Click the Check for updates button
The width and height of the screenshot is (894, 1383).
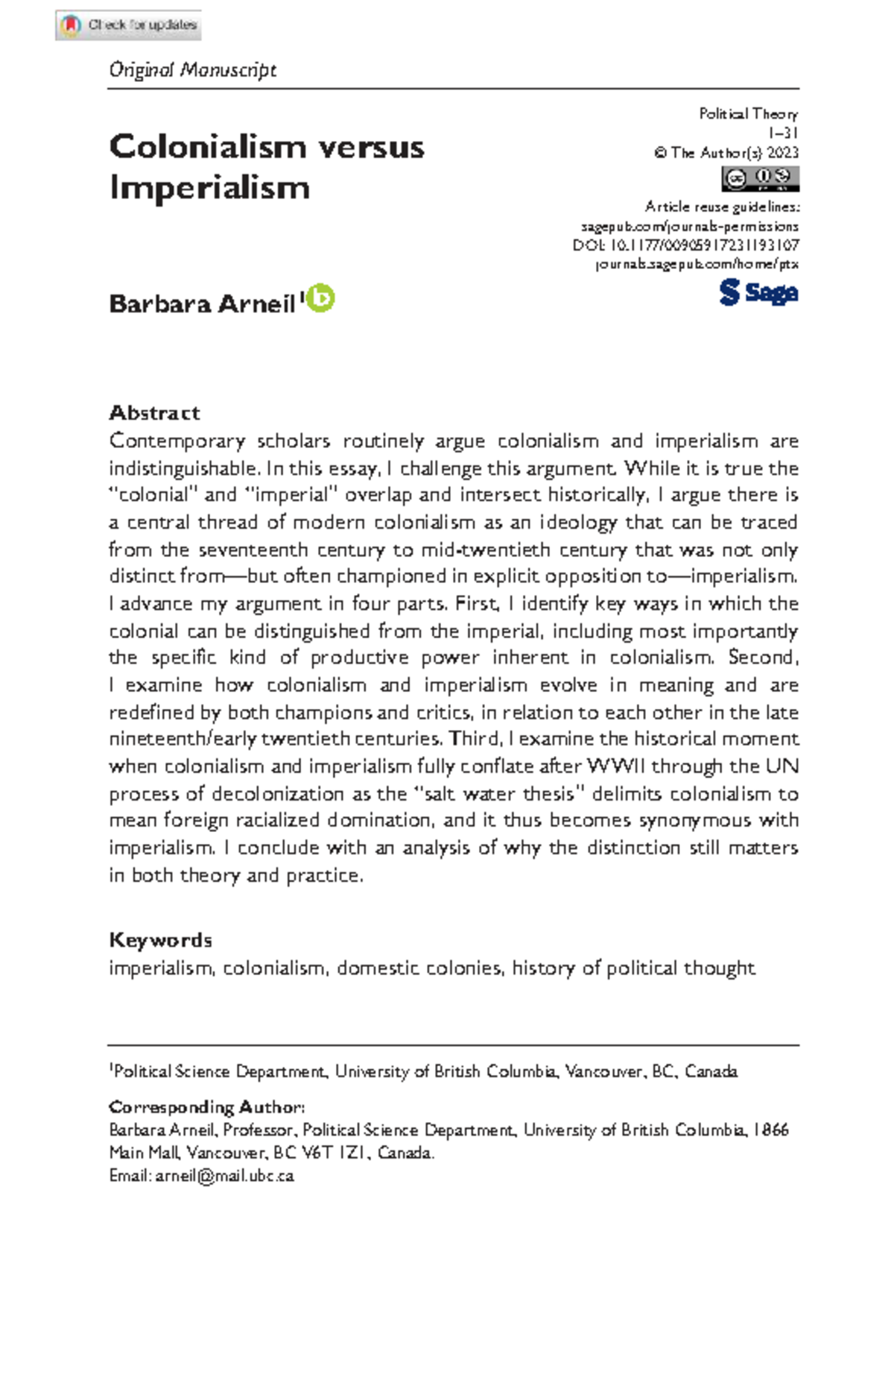tap(128, 25)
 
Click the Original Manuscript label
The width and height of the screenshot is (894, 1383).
tap(192, 70)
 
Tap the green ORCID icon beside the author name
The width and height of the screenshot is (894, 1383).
tap(321, 298)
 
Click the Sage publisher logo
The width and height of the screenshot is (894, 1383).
tap(758, 292)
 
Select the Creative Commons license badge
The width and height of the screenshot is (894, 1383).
tap(759, 179)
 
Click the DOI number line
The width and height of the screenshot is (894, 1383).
tap(685, 245)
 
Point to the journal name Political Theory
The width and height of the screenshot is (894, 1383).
tap(748, 114)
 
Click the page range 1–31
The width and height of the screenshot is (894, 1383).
tap(783, 133)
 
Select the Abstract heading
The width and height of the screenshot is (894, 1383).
tap(154, 413)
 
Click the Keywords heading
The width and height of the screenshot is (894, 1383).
tap(160, 940)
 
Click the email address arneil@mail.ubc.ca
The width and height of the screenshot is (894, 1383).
tap(224, 1176)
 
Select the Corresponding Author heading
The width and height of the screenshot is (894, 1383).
tap(206, 1107)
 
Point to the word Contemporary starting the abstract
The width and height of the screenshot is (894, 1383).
tap(177, 441)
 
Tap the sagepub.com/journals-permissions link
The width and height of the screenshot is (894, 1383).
tap(689, 226)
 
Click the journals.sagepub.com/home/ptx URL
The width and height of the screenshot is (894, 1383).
tap(697, 264)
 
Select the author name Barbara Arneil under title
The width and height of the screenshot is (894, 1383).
tap(202, 304)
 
